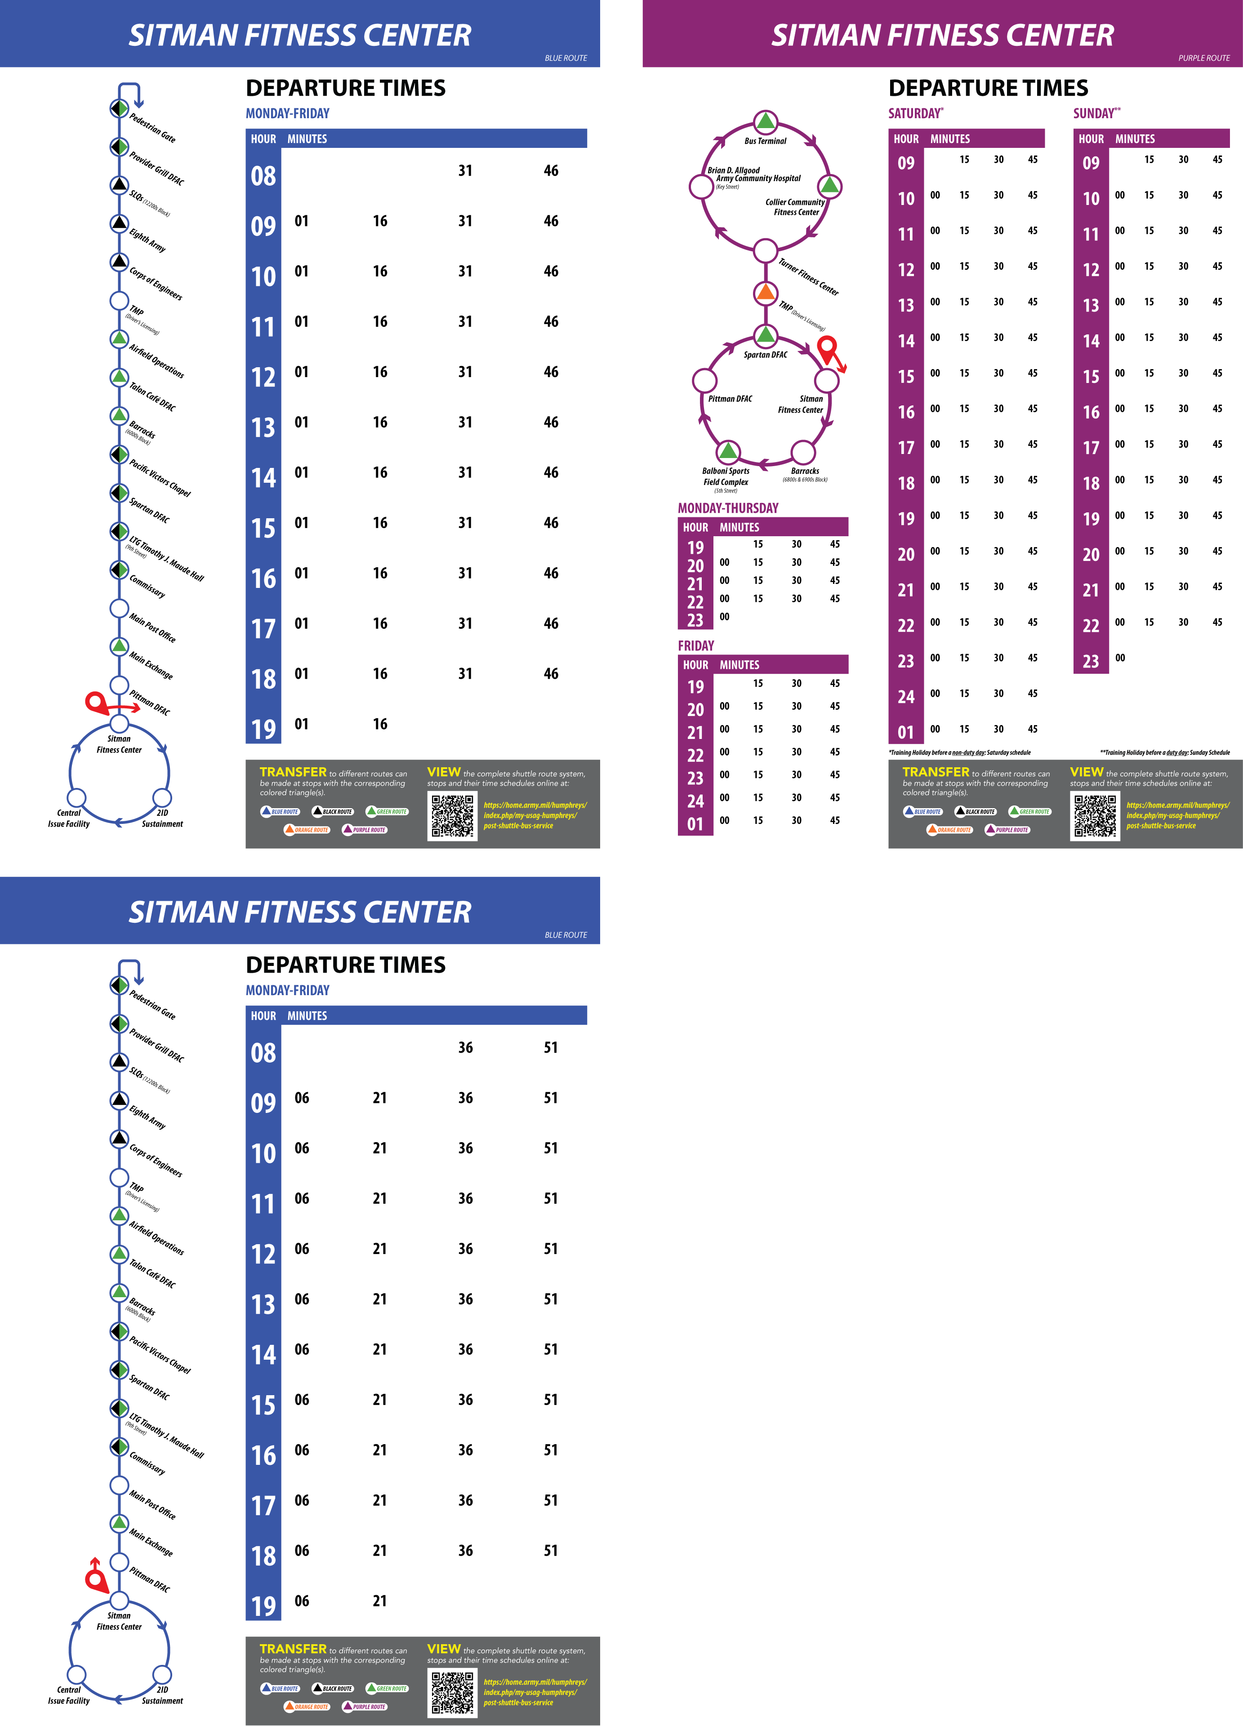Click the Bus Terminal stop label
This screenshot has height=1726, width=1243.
[x=765, y=141]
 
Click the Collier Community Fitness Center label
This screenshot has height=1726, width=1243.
[x=795, y=207]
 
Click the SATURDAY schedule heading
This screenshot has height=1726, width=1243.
[x=914, y=113]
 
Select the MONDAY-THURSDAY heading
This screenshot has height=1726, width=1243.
[x=728, y=507]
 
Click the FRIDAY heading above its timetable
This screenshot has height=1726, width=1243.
[x=696, y=645]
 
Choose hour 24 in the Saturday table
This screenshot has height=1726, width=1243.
[x=906, y=696]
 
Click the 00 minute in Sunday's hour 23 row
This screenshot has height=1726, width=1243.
[x=1120, y=658]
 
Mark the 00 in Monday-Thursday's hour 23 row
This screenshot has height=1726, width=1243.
[x=725, y=616]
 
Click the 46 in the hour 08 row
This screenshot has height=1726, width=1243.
[x=551, y=170]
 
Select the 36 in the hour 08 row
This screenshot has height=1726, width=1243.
[x=466, y=1047]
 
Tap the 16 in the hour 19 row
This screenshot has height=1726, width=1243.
[x=380, y=724]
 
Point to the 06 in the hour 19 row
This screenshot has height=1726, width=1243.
[x=302, y=1601]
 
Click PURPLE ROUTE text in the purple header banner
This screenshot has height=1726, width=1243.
[x=1203, y=58]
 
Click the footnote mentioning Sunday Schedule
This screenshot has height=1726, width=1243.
[x=1165, y=752]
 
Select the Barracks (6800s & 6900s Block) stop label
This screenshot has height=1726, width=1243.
[x=805, y=475]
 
